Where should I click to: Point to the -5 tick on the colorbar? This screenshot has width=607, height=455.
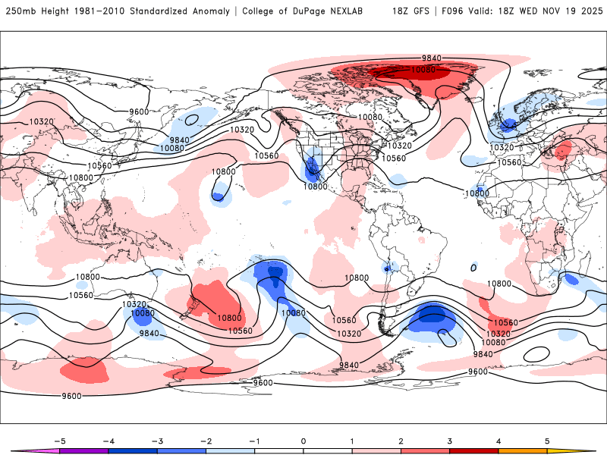point(59,440)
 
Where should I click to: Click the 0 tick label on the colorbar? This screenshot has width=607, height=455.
point(303,440)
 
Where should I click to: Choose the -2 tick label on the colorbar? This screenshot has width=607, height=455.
point(206,440)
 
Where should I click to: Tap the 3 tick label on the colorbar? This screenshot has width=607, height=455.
point(450,440)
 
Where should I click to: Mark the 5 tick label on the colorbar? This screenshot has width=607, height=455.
point(548,440)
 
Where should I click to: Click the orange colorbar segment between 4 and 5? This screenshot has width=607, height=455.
point(523,450)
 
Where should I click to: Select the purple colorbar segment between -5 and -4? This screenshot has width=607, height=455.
point(83,450)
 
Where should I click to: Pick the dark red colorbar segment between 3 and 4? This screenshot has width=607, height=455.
point(474,450)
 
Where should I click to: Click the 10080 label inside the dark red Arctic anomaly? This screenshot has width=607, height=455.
point(423,70)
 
